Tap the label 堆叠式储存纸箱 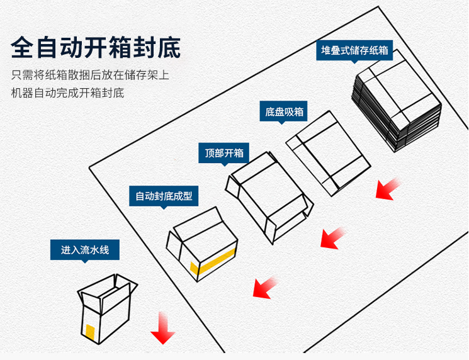pos(354,50)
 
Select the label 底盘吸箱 pos(284,112)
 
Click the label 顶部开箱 pos(223,152)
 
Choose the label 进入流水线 pos(85,250)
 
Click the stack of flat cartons pos(395,101)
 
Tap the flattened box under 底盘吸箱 pos(328,153)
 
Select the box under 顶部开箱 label pos(269,195)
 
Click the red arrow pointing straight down pos(162,327)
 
